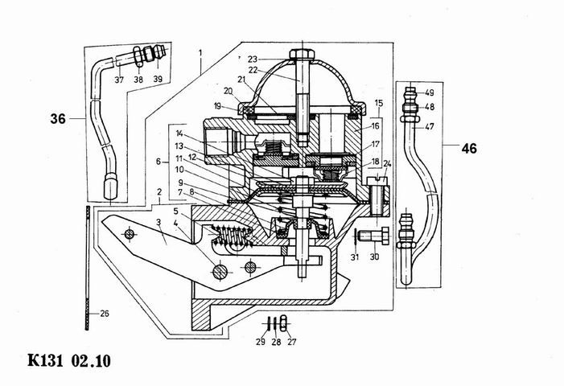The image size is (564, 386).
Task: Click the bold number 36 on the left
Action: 57,119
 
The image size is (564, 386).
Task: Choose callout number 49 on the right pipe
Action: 430,92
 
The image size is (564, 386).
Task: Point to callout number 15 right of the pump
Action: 379,104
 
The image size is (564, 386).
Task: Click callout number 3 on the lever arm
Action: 159,223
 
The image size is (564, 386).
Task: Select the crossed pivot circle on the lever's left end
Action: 127,233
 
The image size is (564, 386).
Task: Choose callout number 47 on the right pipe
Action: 429,126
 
